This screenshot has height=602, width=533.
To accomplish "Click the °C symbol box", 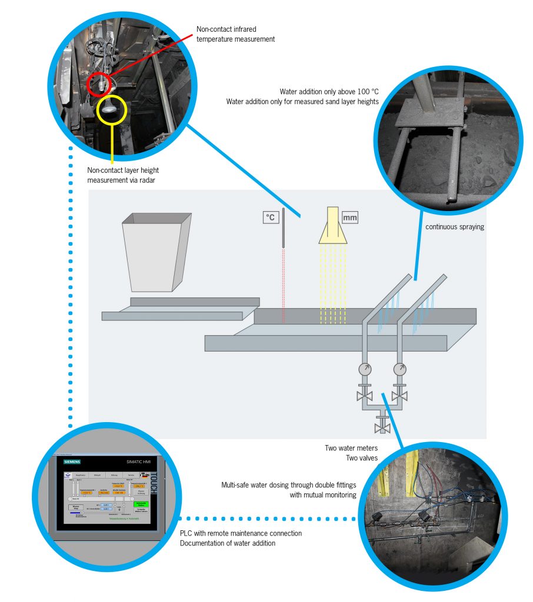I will (x=271, y=218).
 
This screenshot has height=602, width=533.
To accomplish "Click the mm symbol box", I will (x=349, y=218).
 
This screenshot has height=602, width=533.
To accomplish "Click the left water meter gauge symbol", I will (x=365, y=369).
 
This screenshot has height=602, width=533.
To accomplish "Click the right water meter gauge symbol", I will (x=400, y=369).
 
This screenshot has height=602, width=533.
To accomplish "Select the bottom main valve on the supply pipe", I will (x=383, y=422).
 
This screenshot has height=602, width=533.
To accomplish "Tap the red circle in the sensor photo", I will (x=99, y=84).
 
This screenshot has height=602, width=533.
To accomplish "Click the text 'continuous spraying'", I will (x=455, y=226).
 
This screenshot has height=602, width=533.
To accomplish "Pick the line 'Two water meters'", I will (x=351, y=448).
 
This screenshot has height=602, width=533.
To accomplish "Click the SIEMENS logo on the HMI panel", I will (x=72, y=462).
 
